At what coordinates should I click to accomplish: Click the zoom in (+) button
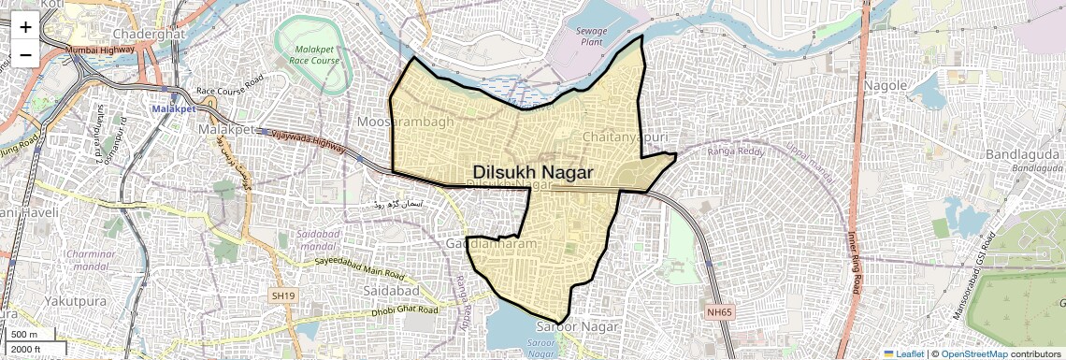click(x=25, y=26)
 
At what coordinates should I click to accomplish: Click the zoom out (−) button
click(x=25, y=54)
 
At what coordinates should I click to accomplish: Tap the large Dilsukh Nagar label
click(x=533, y=172)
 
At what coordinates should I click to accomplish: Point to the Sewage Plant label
click(x=591, y=36)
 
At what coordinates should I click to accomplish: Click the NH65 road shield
click(x=720, y=311)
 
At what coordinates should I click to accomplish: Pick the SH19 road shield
click(x=283, y=295)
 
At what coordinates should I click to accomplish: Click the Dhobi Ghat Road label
click(x=404, y=310)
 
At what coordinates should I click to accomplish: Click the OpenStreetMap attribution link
click(x=973, y=353)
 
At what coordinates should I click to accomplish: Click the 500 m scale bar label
click(x=24, y=335)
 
